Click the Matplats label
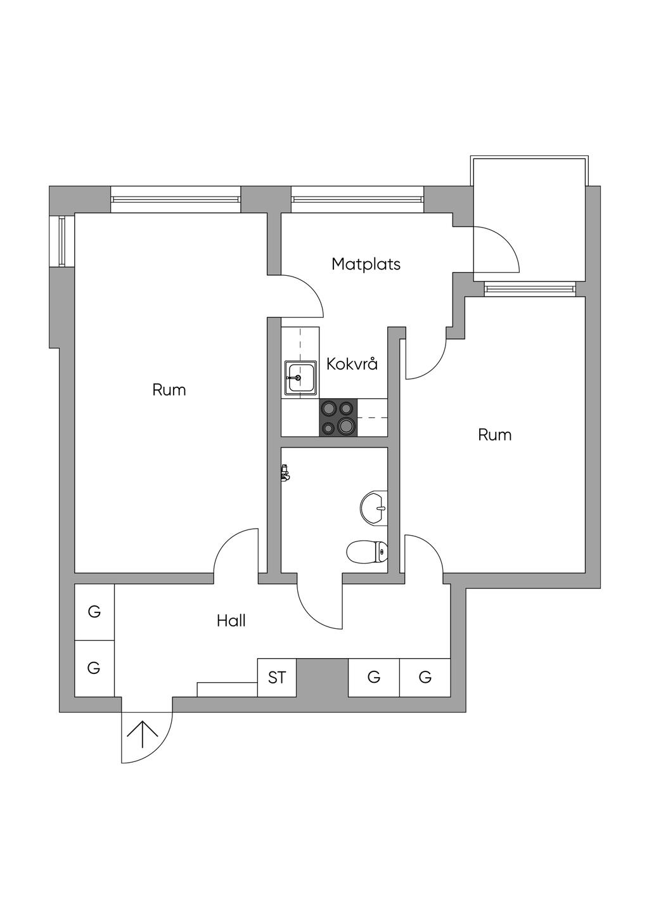[x=366, y=264]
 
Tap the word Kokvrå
[x=352, y=364]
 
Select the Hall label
[x=231, y=621]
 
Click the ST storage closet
[x=277, y=678]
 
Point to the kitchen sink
[x=300, y=378]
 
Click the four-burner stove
[x=338, y=418]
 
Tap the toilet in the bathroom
[x=368, y=552]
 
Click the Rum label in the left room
[x=169, y=390]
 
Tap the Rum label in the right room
[x=494, y=435]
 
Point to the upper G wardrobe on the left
[x=94, y=612]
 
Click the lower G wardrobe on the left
[x=94, y=668]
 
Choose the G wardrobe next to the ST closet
[x=374, y=678]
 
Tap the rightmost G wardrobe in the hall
[x=425, y=678]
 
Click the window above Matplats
[x=357, y=199]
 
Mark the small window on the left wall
[x=62, y=241]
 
